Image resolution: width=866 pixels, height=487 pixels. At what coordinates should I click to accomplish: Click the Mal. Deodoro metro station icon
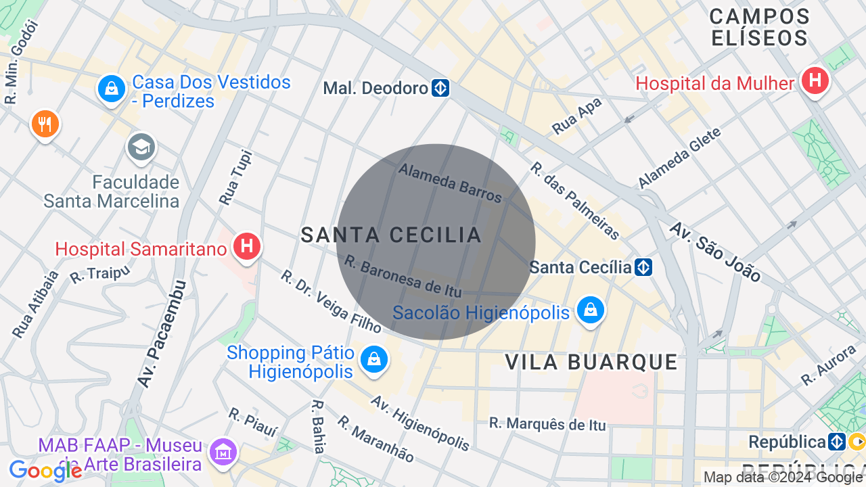coord(441,89)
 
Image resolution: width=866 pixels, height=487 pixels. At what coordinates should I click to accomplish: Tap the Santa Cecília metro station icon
coord(643,267)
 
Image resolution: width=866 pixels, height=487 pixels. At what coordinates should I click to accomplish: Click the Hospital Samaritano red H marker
coord(247,246)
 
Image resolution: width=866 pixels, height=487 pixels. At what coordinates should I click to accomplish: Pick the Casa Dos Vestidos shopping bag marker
coord(112,89)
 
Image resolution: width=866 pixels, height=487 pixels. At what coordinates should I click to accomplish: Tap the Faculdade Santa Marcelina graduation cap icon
coord(141,147)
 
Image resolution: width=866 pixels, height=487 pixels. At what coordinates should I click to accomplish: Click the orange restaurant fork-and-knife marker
coord(45,124)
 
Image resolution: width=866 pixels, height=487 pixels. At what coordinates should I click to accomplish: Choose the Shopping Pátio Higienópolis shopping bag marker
coord(373,359)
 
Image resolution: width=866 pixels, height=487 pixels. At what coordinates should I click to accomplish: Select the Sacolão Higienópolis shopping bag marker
coord(591,310)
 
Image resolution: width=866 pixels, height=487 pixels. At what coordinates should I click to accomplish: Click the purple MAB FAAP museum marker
coord(223,451)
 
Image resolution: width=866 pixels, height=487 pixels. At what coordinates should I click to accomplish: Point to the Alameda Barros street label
coord(451,183)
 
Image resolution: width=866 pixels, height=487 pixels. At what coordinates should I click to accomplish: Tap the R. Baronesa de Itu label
coord(403,275)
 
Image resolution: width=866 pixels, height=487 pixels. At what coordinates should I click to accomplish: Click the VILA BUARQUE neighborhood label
coord(591,363)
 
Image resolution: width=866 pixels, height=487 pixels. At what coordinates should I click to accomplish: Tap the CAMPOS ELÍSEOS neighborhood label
coord(759,27)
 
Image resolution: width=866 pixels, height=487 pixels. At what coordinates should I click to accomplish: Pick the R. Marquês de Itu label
coord(547,424)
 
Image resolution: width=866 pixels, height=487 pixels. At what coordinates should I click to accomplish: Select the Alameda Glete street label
coord(679,158)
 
